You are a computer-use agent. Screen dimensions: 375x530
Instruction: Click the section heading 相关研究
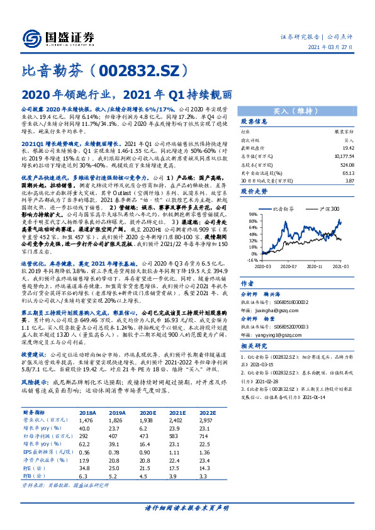click(254, 347)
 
